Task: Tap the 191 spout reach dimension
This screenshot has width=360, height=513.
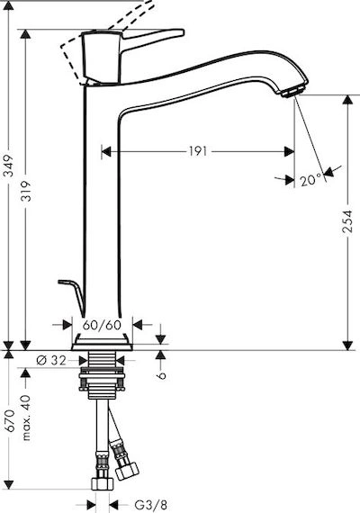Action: pos(198,151)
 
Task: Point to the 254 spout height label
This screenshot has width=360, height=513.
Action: pos(347,221)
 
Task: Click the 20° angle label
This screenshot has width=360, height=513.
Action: pos(310,180)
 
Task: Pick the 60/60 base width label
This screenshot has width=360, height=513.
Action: pos(102,325)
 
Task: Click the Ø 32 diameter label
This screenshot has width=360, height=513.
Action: pos(51,360)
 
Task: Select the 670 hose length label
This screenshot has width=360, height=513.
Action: pos(11,420)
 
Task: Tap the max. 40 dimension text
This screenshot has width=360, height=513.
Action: pos(27,418)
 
